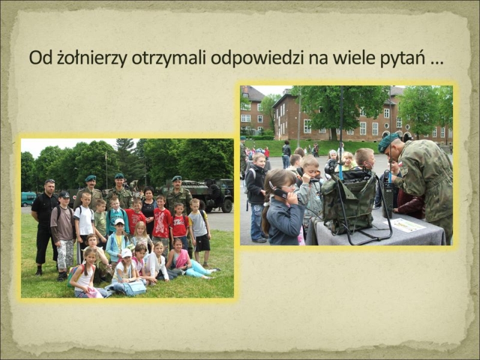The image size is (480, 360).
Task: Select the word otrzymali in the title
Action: pyautogui.click(x=169, y=57)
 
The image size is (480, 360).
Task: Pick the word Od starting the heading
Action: pyautogui.click(x=41, y=57)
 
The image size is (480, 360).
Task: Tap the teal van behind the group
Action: pyautogui.click(x=28, y=199)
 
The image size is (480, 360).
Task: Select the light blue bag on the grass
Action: pyautogui.click(x=134, y=288)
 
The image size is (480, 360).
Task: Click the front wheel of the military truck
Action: pyautogui.click(x=227, y=205)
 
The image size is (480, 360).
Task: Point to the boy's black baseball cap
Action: pyautogui.click(x=64, y=194)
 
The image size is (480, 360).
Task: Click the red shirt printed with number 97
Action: pyautogui.click(x=135, y=220)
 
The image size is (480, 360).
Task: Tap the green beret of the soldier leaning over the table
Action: pyautogui.click(x=388, y=142)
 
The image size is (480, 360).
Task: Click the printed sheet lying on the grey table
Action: pyautogui.click(x=404, y=225)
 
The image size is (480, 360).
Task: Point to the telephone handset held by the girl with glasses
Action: pyautogui.click(x=281, y=193)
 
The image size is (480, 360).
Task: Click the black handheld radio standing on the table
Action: pyautogui.click(x=388, y=200)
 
